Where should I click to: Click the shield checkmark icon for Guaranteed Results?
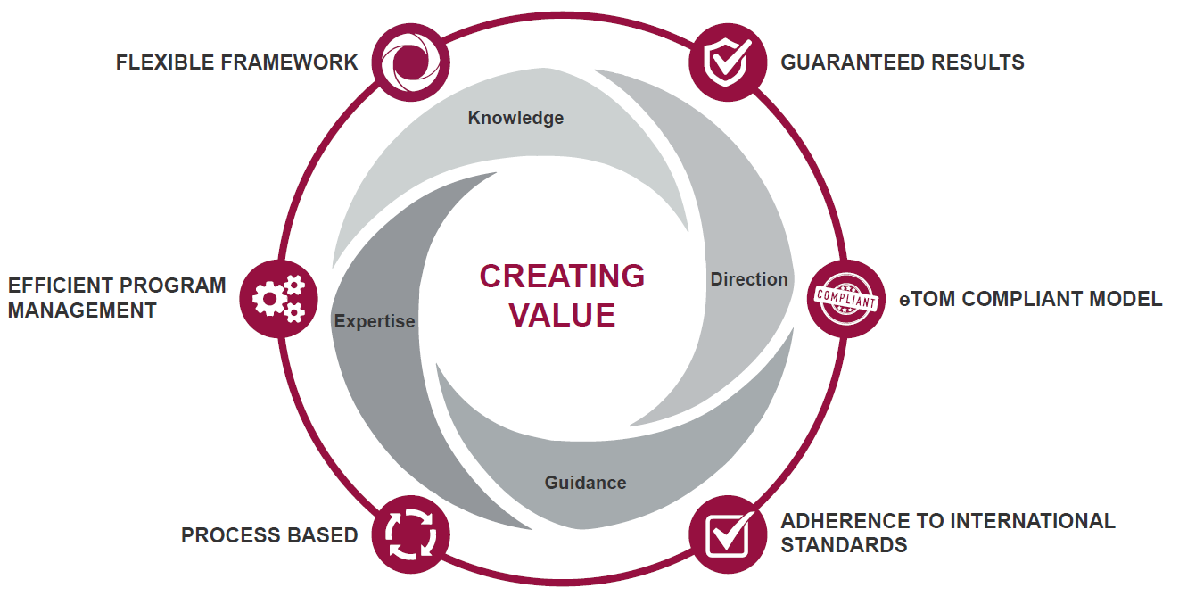(x=728, y=61)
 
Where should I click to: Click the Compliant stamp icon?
(x=846, y=298)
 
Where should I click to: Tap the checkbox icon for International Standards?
(x=728, y=534)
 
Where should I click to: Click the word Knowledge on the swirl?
(x=515, y=118)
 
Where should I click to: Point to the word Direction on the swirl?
(x=749, y=279)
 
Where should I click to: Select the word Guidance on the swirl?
(x=585, y=483)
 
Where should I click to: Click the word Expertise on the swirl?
(x=375, y=321)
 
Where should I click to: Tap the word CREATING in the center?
(x=562, y=277)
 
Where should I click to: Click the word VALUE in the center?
(x=562, y=315)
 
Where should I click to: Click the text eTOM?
(x=922, y=299)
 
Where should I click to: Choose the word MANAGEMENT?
(x=82, y=310)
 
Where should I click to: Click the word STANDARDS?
(x=844, y=544)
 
